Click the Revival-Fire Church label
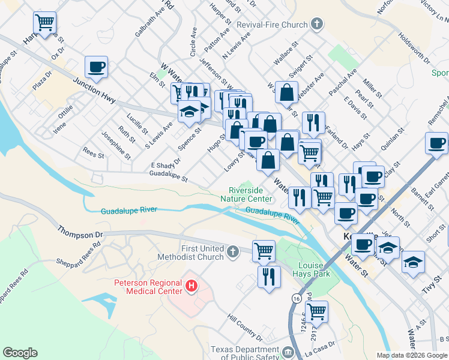(x=272, y=25)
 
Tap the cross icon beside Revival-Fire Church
(x=317, y=25)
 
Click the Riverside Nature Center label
(x=246, y=194)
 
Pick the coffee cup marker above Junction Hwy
(x=96, y=67)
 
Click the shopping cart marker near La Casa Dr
(x=316, y=311)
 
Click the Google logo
(x=20, y=353)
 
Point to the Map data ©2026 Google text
(x=412, y=355)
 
